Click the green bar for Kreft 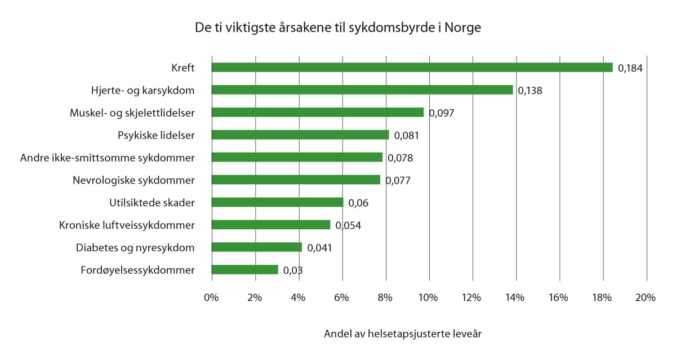point(411,68)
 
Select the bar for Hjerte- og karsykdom point(362,90)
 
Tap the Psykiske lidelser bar point(300,135)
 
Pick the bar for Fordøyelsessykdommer point(244,270)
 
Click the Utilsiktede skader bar point(277,202)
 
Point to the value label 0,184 point(630,68)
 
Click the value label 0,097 point(441,113)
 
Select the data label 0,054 point(348,226)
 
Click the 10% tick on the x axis point(428,297)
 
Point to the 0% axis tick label point(211,297)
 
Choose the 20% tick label point(645,297)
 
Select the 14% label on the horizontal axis point(515,297)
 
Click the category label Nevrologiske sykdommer point(134,180)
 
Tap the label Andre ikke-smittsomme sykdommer point(107,158)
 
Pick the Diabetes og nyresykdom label point(135,248)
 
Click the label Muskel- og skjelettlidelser point(132,113)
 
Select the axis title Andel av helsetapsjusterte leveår point(403,334)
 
